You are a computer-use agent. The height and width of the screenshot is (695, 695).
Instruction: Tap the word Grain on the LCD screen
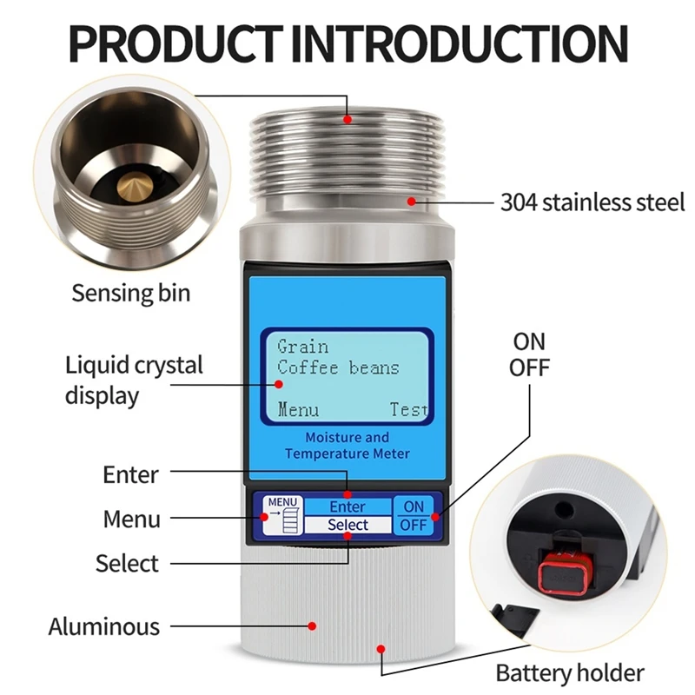coord(302,347)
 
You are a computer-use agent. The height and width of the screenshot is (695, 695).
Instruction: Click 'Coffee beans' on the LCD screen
coord(338,367)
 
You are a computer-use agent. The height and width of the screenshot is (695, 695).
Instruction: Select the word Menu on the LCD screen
coord(298,410)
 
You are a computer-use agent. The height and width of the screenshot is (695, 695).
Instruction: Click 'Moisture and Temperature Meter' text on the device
coord(347,446)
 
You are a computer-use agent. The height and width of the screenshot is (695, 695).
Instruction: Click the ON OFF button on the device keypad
coord(414,516)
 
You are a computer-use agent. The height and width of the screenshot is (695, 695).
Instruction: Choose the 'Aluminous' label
coord(104,626)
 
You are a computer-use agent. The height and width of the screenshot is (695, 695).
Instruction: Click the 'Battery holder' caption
coord(570,672)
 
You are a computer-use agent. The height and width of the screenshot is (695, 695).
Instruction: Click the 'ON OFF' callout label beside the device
coord(531,354)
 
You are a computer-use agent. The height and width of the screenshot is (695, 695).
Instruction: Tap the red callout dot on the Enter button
coord(347,496)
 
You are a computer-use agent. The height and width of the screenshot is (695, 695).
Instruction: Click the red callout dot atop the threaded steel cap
coord(347,119)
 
